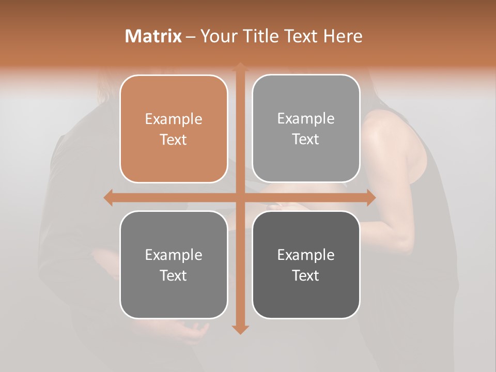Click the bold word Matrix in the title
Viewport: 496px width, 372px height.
(153, 36)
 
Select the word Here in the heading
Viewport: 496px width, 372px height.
(343, 36)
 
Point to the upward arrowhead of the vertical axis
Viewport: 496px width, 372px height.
(240, 67)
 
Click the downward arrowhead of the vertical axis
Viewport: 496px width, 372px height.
(240, 329)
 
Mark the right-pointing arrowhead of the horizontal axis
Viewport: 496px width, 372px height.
(370, 198)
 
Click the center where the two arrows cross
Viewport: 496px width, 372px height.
(240, 198)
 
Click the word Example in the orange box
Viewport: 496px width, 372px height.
(174, 119)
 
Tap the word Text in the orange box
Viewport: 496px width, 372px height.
(174, 140)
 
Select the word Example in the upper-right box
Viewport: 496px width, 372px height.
(306, 119)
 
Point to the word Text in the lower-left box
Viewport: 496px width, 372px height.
(174, 275)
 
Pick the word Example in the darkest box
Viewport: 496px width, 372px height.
(306, 255)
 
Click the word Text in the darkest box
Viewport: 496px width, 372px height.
(306, 275)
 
